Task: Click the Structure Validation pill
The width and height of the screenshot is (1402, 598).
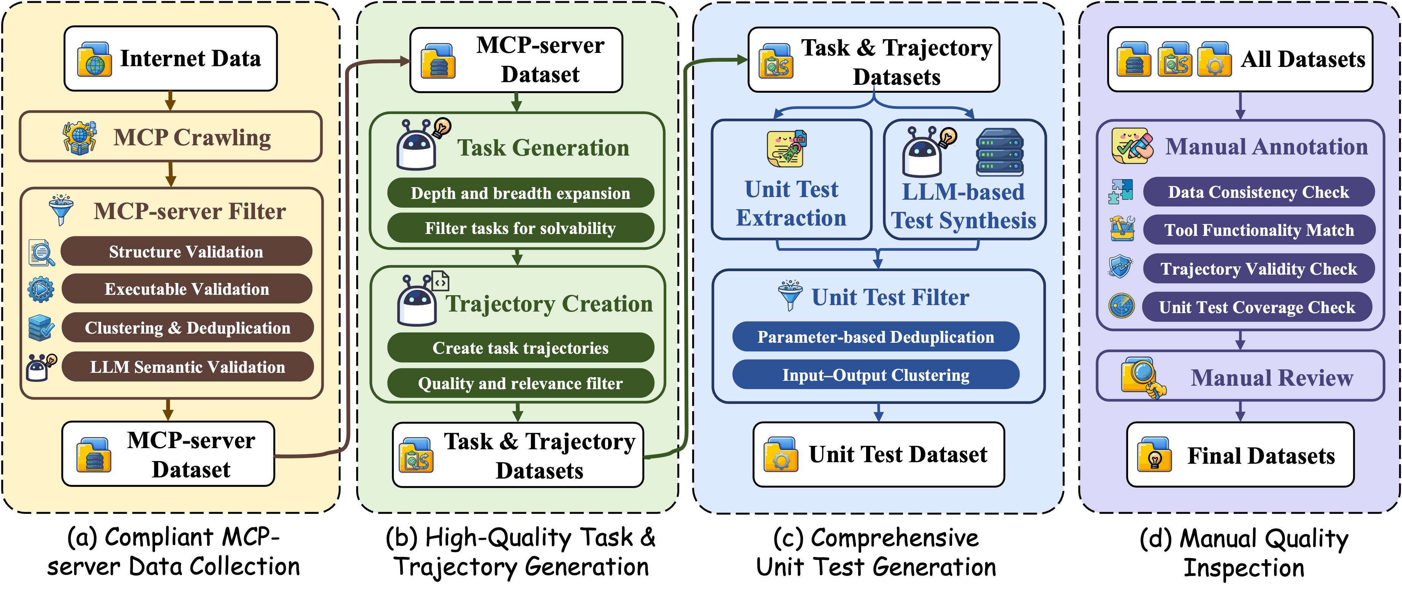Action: click(x=186, y=251)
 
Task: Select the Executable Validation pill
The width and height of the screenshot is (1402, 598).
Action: click(x=187, y=289)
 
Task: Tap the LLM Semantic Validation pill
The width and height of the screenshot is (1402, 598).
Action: click(x=187, y=367)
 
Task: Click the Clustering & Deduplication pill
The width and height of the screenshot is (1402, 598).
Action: click(x=187, y=328)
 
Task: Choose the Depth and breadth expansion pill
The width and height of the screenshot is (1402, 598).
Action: click(x=520, y=193)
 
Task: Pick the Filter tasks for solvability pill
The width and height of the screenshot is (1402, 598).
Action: click(x=520, y=228)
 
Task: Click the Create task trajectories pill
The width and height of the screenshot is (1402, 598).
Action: click(x=520, y=348)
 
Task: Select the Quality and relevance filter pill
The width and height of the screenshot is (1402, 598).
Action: click(x=520, y=383)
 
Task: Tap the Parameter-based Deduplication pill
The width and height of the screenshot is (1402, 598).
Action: click(x=876, y=337)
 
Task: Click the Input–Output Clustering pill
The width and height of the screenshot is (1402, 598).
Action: click(x=876, y=375)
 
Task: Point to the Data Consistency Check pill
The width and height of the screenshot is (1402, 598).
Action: click(x=1258, y=192)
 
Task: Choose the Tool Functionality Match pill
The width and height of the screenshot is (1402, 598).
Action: click(x=1259, y=231)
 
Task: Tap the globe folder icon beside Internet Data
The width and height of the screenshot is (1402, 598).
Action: click(x=94, y=59)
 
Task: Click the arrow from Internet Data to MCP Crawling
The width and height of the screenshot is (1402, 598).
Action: click(x=170, y=101)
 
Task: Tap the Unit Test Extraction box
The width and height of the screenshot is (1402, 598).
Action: click(x=791, y=180)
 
